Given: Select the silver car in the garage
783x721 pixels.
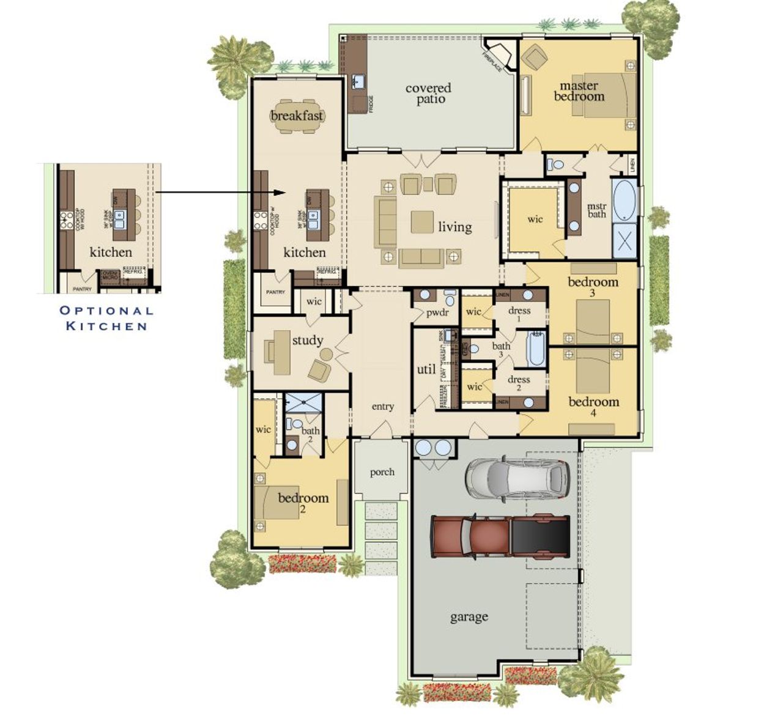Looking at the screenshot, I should tap(518, 478).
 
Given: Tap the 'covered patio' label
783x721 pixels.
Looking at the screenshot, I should tap(428, 94).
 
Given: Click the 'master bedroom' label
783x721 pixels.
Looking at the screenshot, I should tap(579, 91).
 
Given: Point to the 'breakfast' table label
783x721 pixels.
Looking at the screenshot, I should tap(297, 116).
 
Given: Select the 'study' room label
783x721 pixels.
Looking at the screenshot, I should tap(307, 341).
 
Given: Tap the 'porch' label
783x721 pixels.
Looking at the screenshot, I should tap(382, 472).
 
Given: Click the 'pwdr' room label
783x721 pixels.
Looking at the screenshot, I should tap(437, 313).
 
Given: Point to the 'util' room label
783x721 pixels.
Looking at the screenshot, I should tap(426, 369).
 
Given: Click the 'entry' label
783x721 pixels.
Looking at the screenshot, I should tap(382, 407).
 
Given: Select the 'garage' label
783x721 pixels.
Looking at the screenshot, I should tap(469, 617).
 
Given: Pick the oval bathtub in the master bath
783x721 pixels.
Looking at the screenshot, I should tap(624, 200).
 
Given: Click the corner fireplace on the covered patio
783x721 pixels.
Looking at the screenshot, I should tap(495, 56).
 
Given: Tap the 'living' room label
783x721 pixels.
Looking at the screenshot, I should tap(455, 227).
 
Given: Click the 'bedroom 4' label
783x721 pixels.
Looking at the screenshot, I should tap(593, 406).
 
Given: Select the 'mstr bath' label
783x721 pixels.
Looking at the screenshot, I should tap(596, 210).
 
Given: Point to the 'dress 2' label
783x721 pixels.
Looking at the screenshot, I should tap(518, 383).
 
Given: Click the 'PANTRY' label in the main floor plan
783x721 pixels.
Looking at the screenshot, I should tap(275, 292).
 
